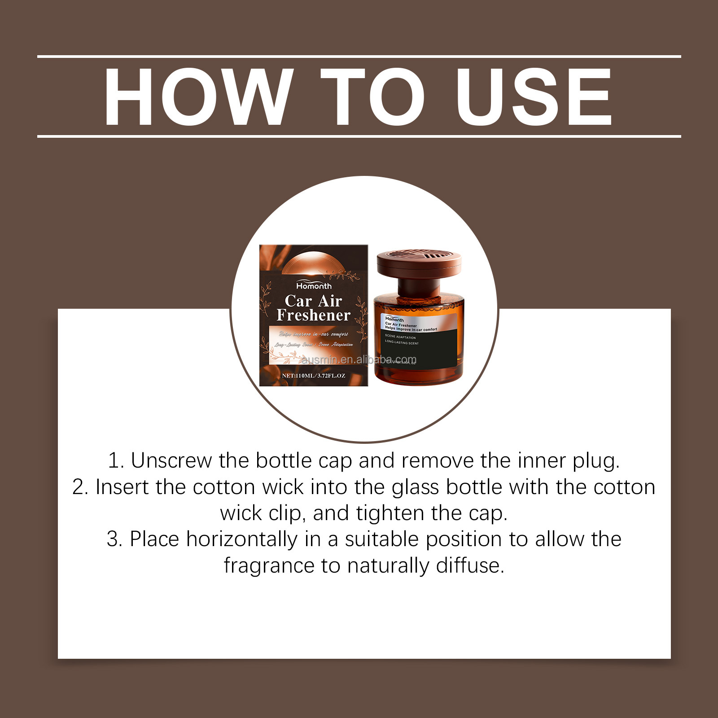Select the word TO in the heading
(x=372, y=97)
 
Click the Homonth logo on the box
(x=314, y=285)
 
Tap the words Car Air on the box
(x=313, y=301)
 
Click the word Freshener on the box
(x=313, y=315)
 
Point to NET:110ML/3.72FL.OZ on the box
(x=313, y=376)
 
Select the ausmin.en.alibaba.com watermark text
(x=359, y=359)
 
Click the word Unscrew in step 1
(x=171, y=460)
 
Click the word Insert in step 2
(x=122, y=487)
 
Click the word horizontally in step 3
(x=242, y=539)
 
